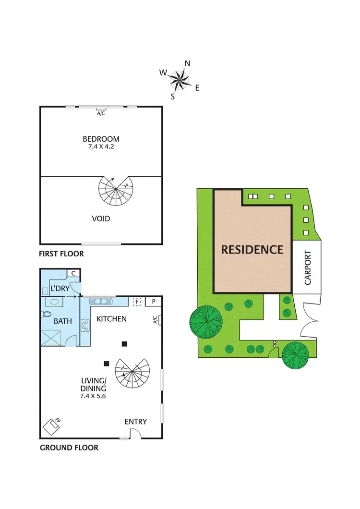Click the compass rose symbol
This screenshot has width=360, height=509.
click(179, 80)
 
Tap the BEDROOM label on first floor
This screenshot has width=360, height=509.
click(101, 139)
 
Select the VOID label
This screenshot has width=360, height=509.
click(101, 218)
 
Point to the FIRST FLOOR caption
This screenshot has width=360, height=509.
click(61, 254)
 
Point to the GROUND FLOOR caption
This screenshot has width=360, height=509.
click(69, 448)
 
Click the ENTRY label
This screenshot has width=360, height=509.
click(135, 422)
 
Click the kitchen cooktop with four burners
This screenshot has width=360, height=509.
click(85, 325)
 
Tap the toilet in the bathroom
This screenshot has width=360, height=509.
click(47, 314)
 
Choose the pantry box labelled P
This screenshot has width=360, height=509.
click(154, 302)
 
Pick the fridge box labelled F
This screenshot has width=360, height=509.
click(136, 302)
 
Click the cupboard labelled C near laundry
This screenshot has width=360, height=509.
click(73, 273)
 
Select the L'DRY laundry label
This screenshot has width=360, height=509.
click(60, 289)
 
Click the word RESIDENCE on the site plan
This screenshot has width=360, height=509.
click(252, 250)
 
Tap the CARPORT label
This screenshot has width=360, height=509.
click(308, 267)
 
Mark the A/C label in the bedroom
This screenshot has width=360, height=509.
click(101, 114)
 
